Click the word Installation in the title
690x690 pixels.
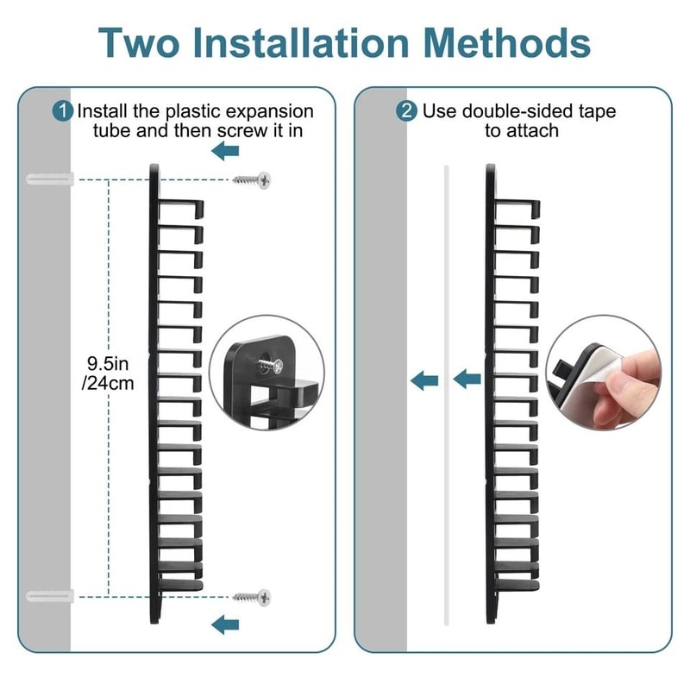(301, 42)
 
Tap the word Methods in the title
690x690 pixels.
(507, 42)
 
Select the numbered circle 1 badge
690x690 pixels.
(63, 111)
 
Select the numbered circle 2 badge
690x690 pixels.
(406, 111)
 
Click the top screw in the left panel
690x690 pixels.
(252, 180)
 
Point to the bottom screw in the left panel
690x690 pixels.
(252, 597)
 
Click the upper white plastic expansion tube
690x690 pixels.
(50, 179)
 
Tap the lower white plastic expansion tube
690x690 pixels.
(50, 597)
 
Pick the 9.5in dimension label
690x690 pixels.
(108, 364)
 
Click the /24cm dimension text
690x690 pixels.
(108, 384)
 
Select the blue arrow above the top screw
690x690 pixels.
(225, 151)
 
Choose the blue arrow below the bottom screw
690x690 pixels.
(225, 624)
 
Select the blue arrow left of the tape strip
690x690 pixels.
(424, 380)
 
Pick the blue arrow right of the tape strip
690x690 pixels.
(467, 379)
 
